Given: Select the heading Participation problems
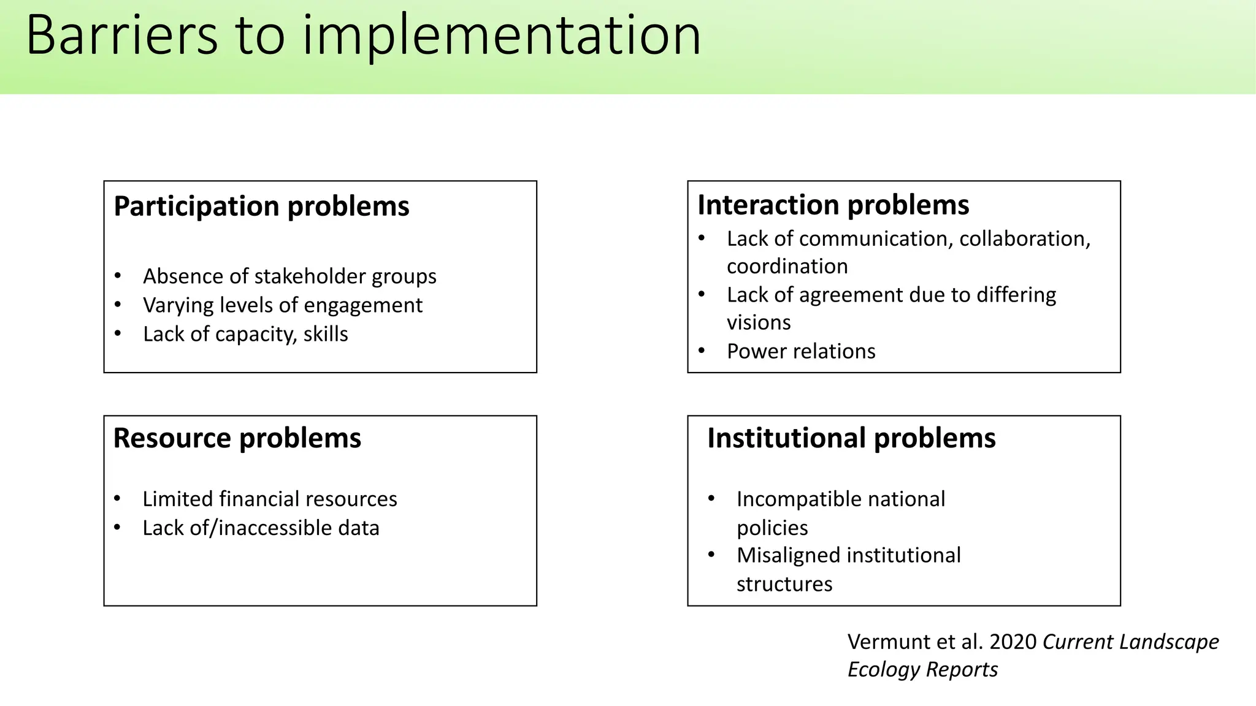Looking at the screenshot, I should pyautogui.click(x=261, y=206).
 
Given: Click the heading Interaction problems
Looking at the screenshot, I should pyautogui.click(x=833, y=205).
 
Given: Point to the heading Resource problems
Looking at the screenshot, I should pyautogui.click(x=237, y=438).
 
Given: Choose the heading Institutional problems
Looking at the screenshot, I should pyautogui.click(x=851, y=438).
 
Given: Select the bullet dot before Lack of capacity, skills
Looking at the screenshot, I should pyautogui.click(x=118, y=333).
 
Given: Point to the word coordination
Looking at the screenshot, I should pyautogui.click(x=787, y=267).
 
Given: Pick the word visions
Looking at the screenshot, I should pyautogui.click(x=759, y=322).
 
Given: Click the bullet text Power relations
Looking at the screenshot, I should pyautogui.click(x=801, y=351).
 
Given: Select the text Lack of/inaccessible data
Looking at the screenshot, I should pyautogui.click(x=261, y=528).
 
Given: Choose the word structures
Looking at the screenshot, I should pyautogui.click(x=784, y=584).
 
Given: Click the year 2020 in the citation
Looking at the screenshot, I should pyautogui.click(x=1013, y=642).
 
